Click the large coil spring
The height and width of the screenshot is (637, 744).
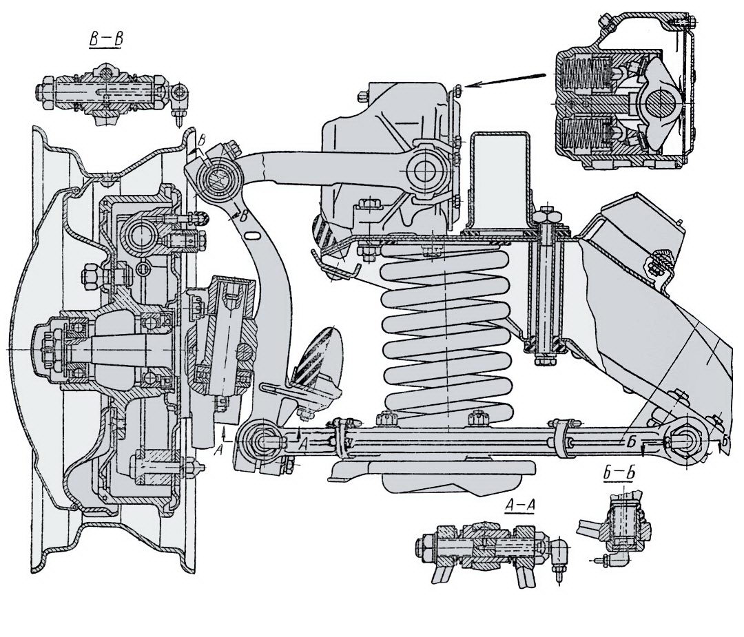coord(444,331)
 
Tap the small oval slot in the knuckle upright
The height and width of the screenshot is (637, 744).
coord(251,236)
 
